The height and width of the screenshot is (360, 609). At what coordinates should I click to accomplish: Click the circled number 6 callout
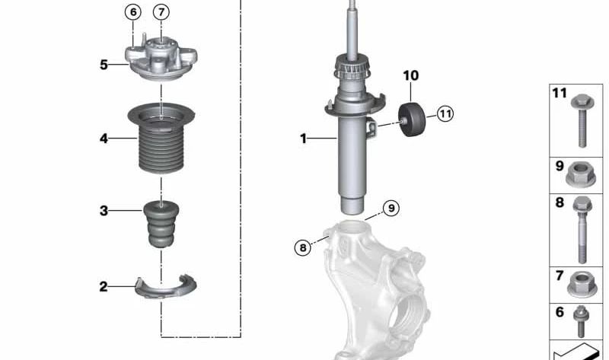click(x=132, y=12)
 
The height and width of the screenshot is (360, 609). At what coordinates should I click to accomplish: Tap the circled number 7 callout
click(x=161, y=12)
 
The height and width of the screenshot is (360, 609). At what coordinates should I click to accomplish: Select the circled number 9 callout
click(x=391, y=208)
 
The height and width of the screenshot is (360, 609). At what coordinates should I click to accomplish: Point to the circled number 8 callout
click(x=302, y=247)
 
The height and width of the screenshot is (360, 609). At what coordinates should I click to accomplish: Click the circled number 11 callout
click(x=445, y=114)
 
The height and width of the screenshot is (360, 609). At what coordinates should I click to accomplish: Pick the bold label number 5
click(x=104, y=65)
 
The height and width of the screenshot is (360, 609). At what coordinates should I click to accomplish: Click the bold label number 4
click(x=104, y=139)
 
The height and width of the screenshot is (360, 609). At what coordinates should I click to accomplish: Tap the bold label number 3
click(x=104, y=211)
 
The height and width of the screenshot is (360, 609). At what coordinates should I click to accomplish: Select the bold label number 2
click(x=104, y=287)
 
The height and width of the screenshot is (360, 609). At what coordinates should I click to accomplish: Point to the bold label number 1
click(x=303, y=139)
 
